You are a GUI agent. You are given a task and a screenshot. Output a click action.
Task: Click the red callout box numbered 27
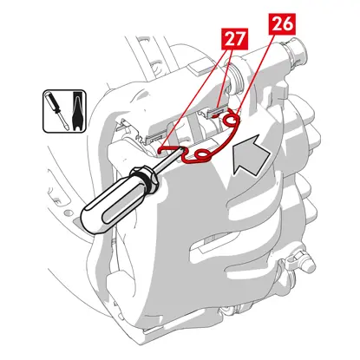click(x=235, y=39)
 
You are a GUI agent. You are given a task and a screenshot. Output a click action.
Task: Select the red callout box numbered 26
click(x=282, y=24)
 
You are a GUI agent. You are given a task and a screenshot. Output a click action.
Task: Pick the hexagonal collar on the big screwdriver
click(x=144, y=179)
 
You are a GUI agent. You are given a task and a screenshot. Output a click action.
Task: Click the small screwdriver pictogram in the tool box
click(x=57, y=110)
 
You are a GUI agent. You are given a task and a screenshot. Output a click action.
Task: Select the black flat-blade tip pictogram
click(x=76, y=111)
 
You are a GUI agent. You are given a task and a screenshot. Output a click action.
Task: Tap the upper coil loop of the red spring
click(x=232, y=119)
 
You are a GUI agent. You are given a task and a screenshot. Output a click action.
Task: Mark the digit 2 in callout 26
click(x=277, y=24)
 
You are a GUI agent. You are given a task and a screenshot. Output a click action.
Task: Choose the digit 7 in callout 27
click(x=240, y=39)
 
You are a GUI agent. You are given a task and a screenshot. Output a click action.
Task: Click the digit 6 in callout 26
click(x=288, y=24)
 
